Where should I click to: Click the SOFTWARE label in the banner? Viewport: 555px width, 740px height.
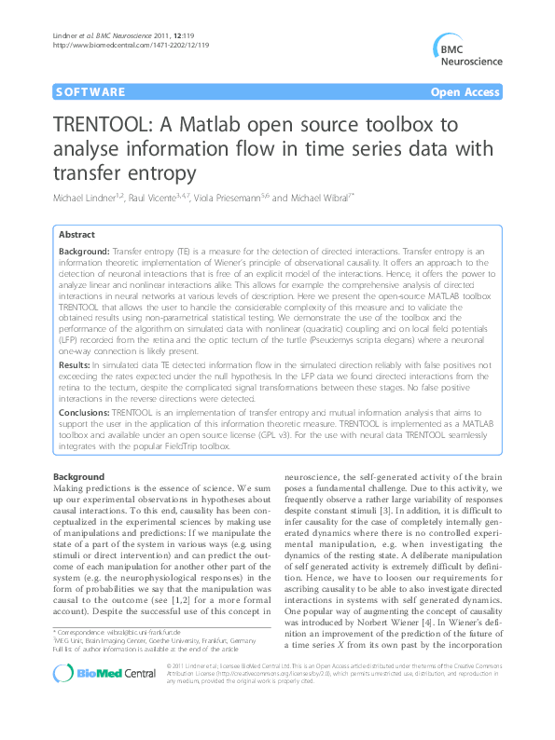[90, 92]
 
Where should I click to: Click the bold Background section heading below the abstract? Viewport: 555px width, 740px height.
[79, 476]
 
